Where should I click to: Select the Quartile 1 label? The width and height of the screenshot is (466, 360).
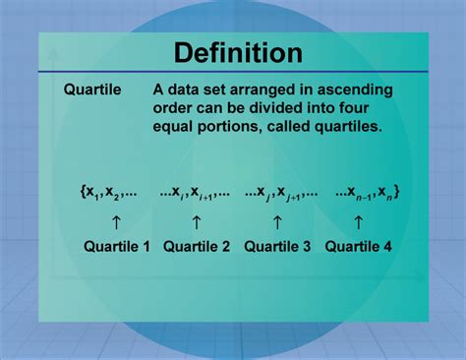tap(117, 246)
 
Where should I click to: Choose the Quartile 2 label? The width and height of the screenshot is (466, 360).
tap(197, 246)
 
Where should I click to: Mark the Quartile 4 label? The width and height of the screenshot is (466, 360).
tap(358, 246)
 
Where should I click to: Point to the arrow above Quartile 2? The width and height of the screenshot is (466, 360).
tap(197, 222)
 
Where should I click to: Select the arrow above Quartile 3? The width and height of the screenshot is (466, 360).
tap(277, 222)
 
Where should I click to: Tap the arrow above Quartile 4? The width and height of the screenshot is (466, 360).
tap(358, 222)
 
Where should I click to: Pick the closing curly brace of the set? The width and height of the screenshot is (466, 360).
tap(396, 191)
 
